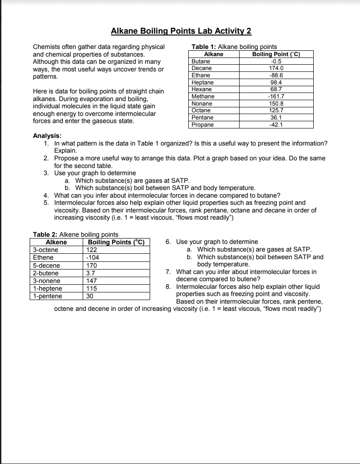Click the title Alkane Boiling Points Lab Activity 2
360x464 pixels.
181,31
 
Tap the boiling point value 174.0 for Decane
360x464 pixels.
276,68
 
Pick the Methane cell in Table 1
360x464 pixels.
203,96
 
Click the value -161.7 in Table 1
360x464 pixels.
276,96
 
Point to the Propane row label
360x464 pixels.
202,124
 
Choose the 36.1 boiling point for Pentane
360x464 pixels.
276,117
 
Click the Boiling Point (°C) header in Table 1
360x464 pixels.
276,54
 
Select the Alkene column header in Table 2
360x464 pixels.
57,243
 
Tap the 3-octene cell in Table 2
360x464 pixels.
45,250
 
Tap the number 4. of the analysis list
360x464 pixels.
46,195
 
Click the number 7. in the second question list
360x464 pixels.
168,272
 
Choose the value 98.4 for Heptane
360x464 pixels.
276,82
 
